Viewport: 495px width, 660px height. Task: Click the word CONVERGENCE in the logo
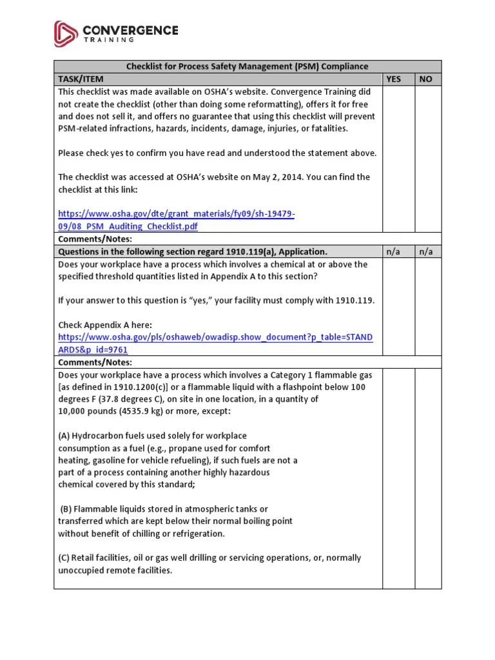[x=130, y=30]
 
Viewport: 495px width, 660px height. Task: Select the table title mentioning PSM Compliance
[x=247, y=66]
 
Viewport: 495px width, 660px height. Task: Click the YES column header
[x=393, y=79]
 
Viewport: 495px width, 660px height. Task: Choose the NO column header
[x=426, y=79]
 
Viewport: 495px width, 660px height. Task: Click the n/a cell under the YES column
[x=393, y=251]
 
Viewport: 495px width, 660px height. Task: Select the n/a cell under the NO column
[x=426, y=251]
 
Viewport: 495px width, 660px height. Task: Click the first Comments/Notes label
[x=95, y=239]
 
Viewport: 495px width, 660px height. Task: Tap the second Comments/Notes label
[x=95, y=362]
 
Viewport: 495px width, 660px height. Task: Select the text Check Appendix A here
[x=106, y=325]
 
